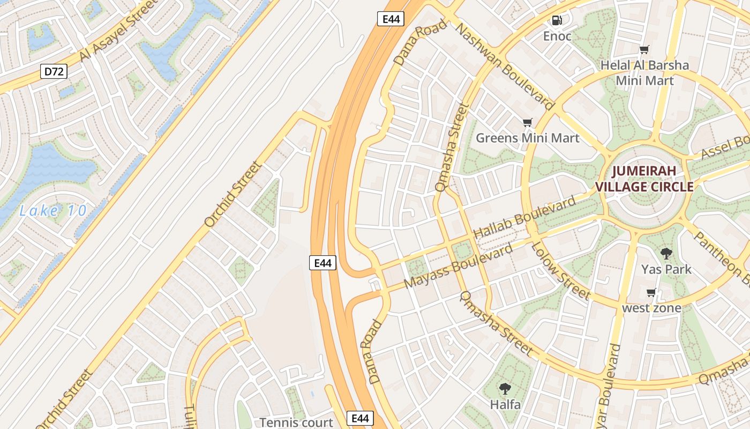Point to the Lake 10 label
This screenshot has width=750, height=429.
52,211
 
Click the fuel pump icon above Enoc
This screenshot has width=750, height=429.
557,20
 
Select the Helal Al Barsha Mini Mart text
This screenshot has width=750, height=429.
644,73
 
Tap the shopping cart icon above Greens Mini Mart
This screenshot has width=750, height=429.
528,123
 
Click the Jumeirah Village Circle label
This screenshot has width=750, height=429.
644,179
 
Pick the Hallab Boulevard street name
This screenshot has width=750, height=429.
524,217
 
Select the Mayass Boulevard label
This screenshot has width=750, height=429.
459,267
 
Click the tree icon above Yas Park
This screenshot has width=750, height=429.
666,254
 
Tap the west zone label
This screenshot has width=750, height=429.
651,308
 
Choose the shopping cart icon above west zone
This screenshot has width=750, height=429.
651,293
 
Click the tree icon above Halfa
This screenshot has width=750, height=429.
505,389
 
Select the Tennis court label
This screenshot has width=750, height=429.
296,423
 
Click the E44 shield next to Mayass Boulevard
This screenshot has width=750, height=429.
323,263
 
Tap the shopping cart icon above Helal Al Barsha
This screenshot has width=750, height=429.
644,50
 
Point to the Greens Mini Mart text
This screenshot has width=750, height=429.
528,138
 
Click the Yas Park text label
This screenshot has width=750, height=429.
666,269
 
